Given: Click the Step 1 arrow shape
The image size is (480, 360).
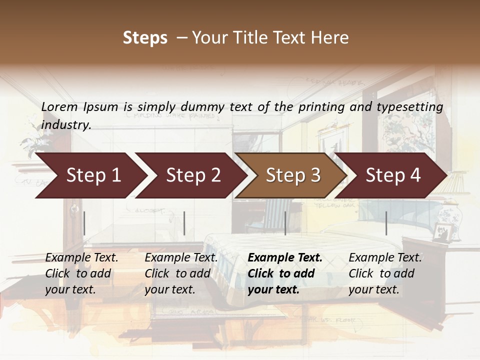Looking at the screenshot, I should [90, 175].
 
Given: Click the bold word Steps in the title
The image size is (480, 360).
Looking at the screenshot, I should [145, 38].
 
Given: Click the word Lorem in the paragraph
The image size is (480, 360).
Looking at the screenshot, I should [59, 106].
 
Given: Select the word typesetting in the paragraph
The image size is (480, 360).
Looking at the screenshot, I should [408, 107].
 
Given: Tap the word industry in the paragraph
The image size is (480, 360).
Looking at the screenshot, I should [65, 125].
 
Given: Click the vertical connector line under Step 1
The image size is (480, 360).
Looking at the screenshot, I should [84, 223].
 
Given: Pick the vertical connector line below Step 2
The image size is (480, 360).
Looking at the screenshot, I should [184, 223].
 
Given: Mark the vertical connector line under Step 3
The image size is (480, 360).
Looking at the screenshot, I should [285, 223].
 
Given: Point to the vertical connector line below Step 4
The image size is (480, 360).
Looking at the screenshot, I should [386, 223].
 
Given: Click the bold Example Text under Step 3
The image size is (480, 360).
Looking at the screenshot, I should [285, 258].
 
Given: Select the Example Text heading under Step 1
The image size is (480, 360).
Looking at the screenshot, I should [81, 258].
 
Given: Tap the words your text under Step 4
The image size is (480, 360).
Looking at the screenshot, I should [373, 289].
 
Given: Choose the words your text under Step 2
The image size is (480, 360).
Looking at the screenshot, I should [169, 289].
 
